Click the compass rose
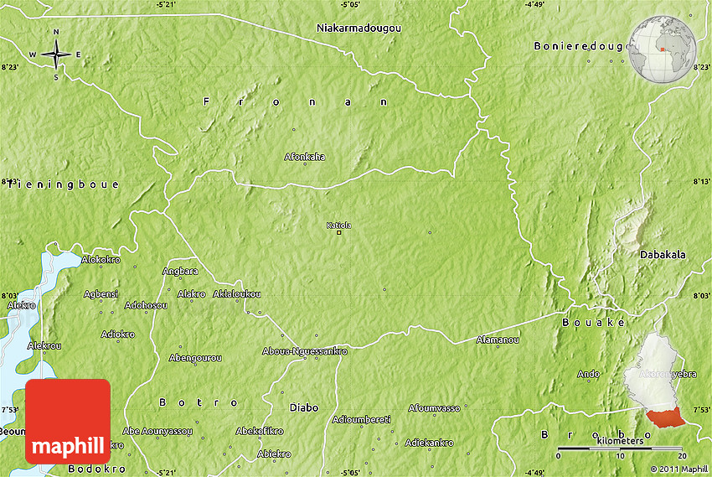tap(56, 55)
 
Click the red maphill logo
tap(68, 421)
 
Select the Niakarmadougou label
tap(359, 28)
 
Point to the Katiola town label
tap(339, 224)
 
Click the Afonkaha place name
tap(305, 157)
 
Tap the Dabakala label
tap(662, 254)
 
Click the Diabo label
tap(303, 407)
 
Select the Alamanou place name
tap(498, 340)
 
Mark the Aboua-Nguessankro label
tap(304, 351)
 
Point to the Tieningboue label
tap(64, 184)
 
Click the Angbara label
tap(180, 271)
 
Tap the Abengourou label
tap(195, 358)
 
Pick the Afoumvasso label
tap(434, 408)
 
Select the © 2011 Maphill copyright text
tap(678, 469)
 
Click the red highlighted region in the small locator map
tap(665, 416)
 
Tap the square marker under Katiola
tap(339, 233)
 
